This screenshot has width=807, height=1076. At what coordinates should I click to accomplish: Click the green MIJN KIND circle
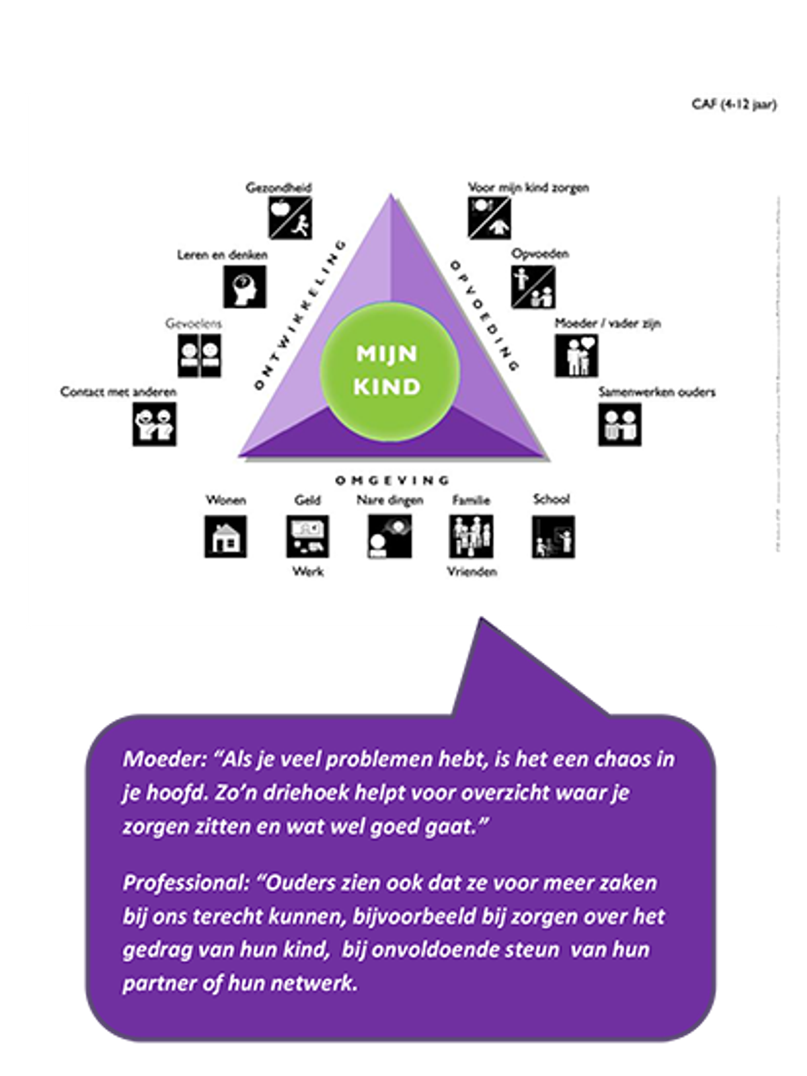[x=389, y=371]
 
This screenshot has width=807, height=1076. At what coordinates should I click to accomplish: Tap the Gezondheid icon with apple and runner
[x=290, y=218]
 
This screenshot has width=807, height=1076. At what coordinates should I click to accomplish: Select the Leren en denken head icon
[x=245, y=286]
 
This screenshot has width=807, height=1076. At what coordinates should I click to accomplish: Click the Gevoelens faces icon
[x=200, y=355]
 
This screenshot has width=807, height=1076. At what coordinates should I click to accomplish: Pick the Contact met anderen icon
[x=154, y=424]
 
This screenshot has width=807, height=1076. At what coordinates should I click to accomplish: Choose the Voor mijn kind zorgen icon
[x=489, y=218]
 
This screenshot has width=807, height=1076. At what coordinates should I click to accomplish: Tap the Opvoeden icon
[x=533, y=286]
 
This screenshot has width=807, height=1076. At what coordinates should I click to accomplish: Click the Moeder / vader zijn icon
[x=576, y=355]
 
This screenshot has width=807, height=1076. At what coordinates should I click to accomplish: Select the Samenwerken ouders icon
[x=620, y=424]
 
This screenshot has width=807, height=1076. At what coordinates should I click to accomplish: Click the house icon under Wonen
[x=225, y=537]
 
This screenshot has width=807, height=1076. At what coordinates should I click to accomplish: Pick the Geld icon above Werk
[x=307, y=537]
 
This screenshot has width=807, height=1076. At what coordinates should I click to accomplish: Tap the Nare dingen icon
[x=389, y=537]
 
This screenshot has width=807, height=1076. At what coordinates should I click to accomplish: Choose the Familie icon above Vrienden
[x=471, y=537]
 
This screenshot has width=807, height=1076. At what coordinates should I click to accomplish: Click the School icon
[x=553, y=537]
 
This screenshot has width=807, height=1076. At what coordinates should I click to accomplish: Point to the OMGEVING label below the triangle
[x=392, y=480]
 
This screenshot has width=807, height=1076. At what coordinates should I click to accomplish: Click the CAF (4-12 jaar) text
[x=734, y=105]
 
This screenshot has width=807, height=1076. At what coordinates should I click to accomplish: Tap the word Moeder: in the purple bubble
[x=163, y=759]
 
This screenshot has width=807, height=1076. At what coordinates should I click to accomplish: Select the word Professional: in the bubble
[x=186, y=882]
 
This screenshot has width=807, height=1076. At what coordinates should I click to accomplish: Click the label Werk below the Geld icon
[x=308, y=572]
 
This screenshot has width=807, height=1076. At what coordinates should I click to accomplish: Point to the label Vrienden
[x=472, y=572]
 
